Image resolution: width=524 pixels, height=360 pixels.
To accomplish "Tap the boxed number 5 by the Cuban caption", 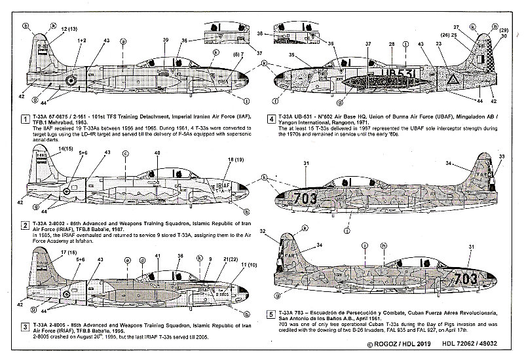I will point(271,314).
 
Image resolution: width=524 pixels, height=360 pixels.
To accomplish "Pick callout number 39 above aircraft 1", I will point(165,41).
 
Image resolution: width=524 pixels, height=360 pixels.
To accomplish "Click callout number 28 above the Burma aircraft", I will point(391,45).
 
